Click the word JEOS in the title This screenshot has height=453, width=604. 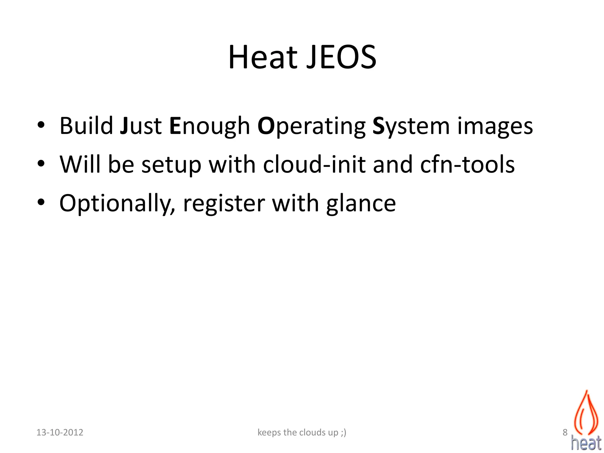coord(341,57)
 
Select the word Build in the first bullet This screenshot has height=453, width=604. coord(86,126)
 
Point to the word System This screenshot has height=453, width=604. coord(411,127)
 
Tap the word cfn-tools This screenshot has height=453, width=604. coord(467,164)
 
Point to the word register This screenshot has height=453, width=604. coord(224,203)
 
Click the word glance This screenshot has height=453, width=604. coord(361,203)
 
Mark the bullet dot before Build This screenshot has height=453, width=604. coord(41,125)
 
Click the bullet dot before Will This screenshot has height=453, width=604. coord(41,163)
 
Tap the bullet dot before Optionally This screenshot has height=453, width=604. coord(41,202)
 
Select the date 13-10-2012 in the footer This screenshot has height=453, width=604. coord(60,432)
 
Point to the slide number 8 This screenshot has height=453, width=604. coord(565,432)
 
